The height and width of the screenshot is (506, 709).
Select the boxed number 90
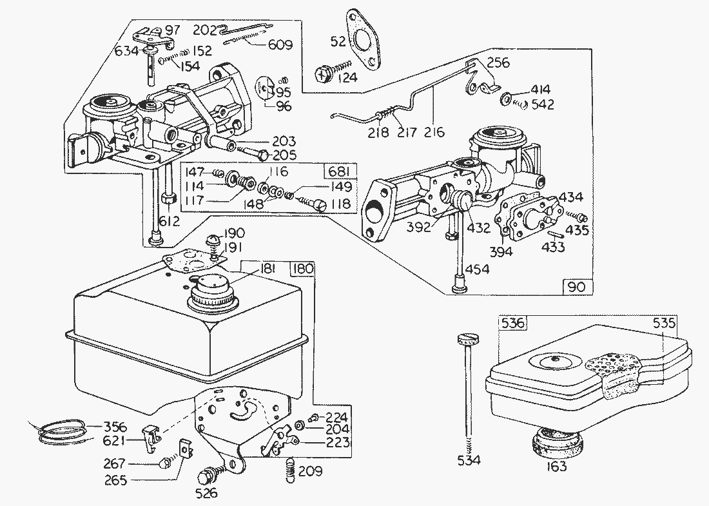578,284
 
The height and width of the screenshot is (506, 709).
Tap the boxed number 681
338,172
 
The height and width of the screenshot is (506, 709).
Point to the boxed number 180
302,269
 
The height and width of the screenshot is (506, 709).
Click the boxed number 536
513,323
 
